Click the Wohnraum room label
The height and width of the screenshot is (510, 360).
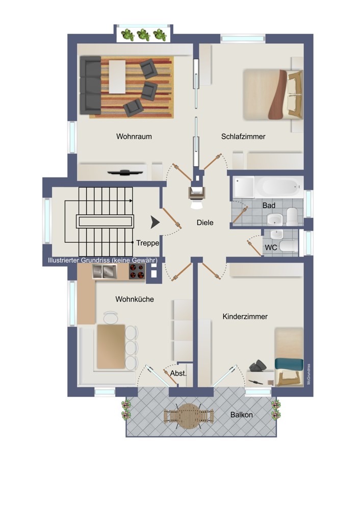click(134, 136)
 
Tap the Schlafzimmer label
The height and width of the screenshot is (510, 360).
click(243, 137)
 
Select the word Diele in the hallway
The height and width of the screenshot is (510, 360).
click(205, 222)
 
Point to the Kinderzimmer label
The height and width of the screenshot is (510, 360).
click(245, 317)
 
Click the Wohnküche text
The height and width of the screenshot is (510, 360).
click(135, 299)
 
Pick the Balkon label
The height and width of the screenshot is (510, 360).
click(241, 415)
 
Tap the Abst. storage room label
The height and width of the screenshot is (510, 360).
click(178, 373)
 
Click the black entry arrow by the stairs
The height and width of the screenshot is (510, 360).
click(155, 222)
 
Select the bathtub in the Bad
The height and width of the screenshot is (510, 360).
click(279, 187)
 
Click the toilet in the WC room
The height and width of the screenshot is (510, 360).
click(289, 246)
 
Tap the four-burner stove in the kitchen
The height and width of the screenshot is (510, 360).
click(137, 271)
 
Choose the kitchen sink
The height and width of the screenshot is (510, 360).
click(105, 272)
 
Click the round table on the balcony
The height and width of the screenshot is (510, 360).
click(188, 416)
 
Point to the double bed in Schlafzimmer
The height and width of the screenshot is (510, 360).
click(273, 94)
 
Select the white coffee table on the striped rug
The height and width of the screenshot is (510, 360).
click(117, 77)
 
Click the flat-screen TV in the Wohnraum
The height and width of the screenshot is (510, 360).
click(125, 172)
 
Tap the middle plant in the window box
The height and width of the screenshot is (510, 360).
click(143, 35)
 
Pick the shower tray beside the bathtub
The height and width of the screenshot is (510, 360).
click(244, 187)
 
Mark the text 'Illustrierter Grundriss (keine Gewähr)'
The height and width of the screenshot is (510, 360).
click(102, 260)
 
